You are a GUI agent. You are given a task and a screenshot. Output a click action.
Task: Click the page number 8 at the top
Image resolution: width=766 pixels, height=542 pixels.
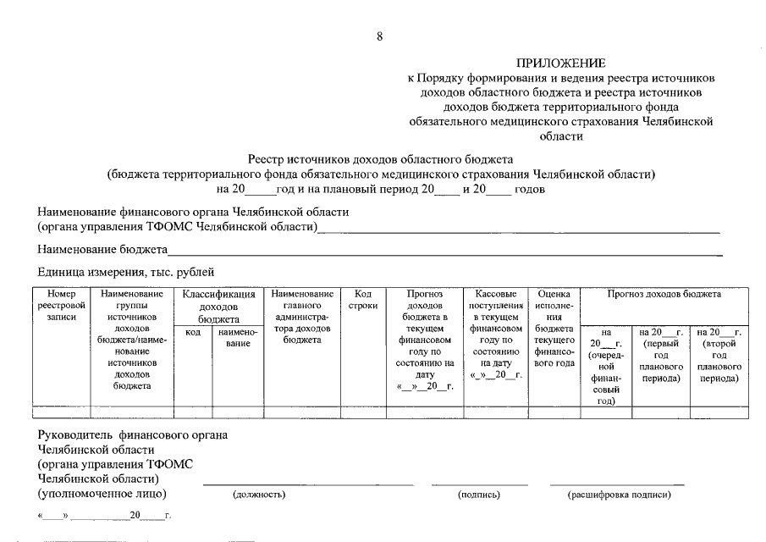(x=380, y=36)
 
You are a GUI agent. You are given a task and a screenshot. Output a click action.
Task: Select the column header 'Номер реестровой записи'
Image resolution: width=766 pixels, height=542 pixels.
(x=62, y=305)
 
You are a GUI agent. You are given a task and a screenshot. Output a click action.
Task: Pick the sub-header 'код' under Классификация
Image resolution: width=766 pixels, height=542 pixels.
(x=192, y=334)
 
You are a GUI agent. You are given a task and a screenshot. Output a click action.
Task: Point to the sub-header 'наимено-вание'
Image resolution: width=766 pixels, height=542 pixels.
(x=237, y=339)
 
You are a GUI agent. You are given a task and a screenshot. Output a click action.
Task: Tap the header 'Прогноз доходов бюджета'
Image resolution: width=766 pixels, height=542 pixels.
(x=664, y=294)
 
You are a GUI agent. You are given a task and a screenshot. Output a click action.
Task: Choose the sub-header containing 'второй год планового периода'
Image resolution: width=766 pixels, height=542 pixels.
(x=719, y=355)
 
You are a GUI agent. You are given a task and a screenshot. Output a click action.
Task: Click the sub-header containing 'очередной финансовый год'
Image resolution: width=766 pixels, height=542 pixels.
(x=605, y=367)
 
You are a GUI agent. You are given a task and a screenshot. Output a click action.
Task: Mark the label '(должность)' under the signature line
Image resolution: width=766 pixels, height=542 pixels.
(x=258, y=495)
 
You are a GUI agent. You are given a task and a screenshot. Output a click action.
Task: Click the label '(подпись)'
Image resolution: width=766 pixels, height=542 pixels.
(x=479, y=495)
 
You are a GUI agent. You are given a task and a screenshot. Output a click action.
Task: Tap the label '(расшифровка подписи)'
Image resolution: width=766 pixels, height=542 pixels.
(x=619, y=495)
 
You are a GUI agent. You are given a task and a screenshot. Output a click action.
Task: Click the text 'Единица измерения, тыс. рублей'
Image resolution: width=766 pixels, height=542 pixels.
(x=126, y=272)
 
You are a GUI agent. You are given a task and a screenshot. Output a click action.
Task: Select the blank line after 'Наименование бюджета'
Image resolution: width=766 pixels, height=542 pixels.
(x=444, y=251)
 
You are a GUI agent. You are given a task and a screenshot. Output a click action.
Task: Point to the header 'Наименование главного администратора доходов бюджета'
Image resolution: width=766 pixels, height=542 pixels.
(x=302, y=317)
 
